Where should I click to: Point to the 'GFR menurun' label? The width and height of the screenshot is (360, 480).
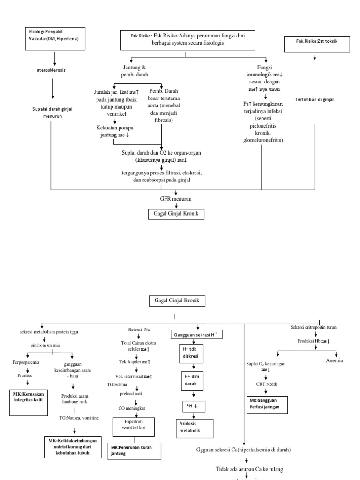[176, 199]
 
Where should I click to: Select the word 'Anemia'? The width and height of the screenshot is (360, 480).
[335, 360]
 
